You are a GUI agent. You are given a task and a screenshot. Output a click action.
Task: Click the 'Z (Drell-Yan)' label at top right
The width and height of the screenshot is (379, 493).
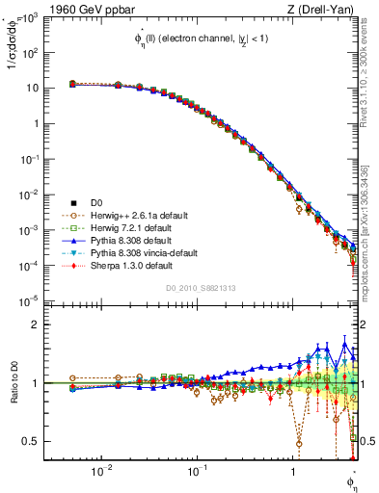(325, 8)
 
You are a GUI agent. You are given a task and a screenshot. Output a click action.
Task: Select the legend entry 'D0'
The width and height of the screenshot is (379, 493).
(96, 201)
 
